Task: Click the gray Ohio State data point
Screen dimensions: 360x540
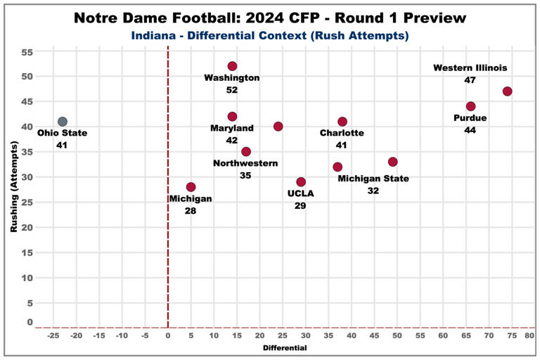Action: click(62, 122)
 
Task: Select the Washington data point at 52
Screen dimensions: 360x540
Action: click(232, 66)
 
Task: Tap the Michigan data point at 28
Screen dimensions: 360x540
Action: click(191, 187)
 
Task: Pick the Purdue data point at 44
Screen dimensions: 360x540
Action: click(470, 106)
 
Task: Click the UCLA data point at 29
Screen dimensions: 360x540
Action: click(301, 182)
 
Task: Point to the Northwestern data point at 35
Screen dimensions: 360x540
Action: click(246, 152)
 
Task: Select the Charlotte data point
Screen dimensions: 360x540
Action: click(342, 122)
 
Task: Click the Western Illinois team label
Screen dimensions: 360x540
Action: click(470, 68)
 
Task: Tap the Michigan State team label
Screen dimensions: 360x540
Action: click(373, 179)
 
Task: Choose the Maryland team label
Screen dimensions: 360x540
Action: click(232, 128)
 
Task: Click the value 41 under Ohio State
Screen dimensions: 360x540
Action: click(62, 145)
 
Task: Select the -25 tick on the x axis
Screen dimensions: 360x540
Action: click(53, 335)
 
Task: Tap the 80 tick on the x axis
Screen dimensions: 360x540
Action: click(529, 335)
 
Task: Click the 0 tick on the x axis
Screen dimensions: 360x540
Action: click(167, 335)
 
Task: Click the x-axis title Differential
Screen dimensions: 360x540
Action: click(284, 348)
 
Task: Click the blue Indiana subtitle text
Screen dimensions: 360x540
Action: click(270, 34)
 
